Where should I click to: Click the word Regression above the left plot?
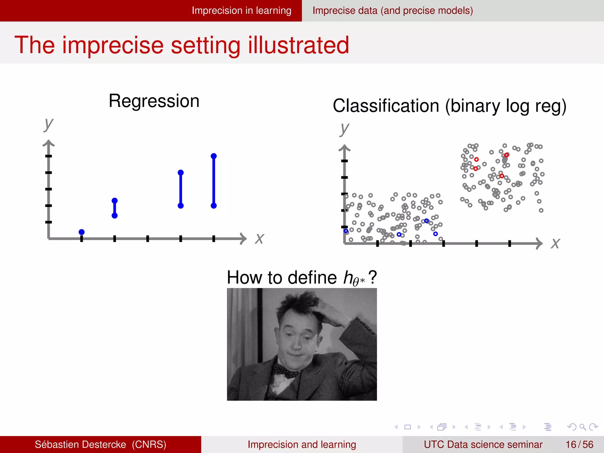pos(154,101)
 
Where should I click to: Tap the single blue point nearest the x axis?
pos(82,232)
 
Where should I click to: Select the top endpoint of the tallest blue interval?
pos(214,156)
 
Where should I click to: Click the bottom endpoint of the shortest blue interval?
pos(115,216)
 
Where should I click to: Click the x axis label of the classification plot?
pos(555,244)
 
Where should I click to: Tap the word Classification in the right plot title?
pos(386,106)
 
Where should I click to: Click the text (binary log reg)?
pos(505,106)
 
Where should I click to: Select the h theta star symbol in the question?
pos(354,278)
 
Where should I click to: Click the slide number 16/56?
pos(579,444)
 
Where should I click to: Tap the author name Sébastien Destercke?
pos(80,444)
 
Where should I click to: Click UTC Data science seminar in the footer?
pos(483,444)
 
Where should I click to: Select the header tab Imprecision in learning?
pos(241,11)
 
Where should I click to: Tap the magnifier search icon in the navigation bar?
pos(582,427)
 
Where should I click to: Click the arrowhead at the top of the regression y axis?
pos(49,143)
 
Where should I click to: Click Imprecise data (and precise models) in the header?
pos(393,11)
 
